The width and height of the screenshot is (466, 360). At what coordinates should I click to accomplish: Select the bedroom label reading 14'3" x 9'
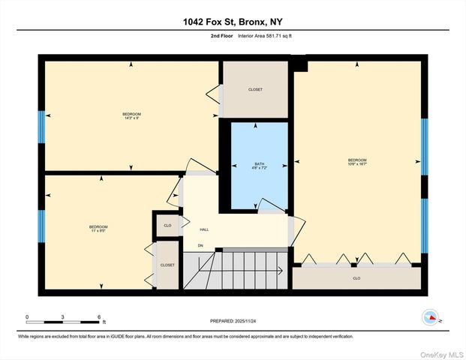pyautogui.click(x=131, y=115)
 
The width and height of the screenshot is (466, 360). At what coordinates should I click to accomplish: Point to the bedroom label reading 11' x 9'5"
pyautogui.click(x=98, y=229)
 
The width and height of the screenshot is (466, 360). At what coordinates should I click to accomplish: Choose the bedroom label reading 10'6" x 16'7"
pyautogui.click(x=357, y=162)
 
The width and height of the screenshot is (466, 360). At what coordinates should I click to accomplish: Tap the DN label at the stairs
pyautogui.click(x=200, y=246)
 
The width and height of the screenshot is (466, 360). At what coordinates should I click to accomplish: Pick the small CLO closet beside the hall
pyautogui.click(x=167, y=224)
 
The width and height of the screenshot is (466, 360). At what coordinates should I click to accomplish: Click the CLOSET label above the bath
pyautogui.click(x=255, y=90)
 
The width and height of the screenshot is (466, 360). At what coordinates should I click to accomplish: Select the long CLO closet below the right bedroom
pyautogui.click(x=356, y=277)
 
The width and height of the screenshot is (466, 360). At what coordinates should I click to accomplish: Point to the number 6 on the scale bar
pyautogui.click(x=98, y=316)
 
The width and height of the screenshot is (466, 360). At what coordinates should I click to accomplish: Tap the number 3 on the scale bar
pyautogui.click(x=63, y=316)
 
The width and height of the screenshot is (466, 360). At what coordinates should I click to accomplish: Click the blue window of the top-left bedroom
pyautogui.click(x=41, y=127)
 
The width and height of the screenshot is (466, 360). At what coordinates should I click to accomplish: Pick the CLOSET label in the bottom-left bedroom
pyautogui.click(x=167, y=265)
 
